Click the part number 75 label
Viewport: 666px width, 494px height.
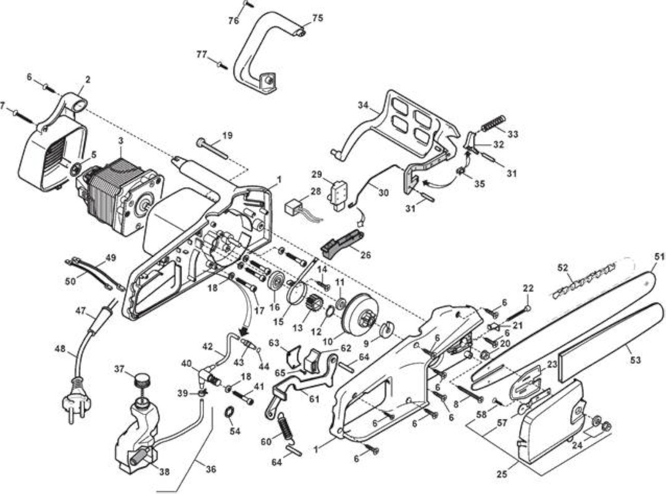point(318,18)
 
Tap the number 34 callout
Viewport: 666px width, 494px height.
point(362,104)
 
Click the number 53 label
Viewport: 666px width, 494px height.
point(635,361)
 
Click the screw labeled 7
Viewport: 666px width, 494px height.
point(24,117)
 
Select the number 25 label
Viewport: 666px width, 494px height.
point(502,474)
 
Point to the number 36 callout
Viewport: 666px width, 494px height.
point(211,469)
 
